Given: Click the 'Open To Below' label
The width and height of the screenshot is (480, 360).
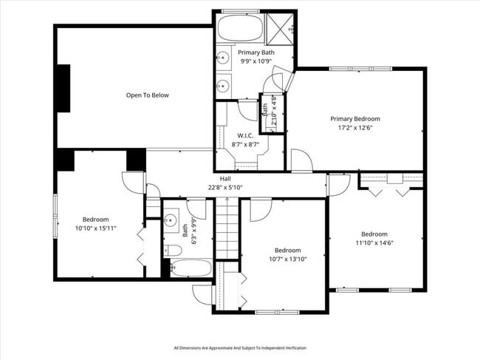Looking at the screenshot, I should (147, 95).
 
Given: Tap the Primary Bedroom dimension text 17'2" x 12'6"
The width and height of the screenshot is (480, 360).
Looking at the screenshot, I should (355, 128).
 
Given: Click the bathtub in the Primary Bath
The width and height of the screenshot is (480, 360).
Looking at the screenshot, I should (239, 30).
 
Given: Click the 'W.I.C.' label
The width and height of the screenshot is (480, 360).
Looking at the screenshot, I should (246, 135).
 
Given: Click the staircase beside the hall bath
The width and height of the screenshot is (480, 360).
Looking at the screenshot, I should (225, 231).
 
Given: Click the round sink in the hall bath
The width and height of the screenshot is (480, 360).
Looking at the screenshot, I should (169, 218).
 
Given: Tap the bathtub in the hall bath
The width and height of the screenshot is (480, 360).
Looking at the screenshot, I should (191, 268).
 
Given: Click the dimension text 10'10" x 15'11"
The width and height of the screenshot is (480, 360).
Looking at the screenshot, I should (95, 228).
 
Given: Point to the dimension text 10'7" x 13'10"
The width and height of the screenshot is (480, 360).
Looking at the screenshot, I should (287, 259).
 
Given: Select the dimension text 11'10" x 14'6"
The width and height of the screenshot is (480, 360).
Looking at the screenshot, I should (375, 242).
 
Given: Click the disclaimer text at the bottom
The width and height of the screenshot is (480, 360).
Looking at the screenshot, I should (240, 347).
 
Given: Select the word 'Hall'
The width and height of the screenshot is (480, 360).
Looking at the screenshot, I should (225, 179).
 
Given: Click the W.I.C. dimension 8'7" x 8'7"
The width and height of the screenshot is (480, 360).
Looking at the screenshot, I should (246, 144).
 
